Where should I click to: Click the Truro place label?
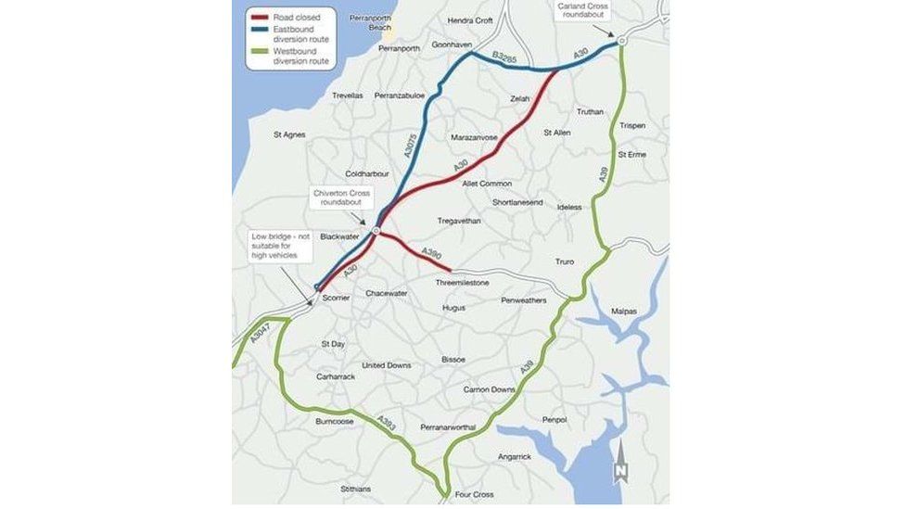click(565, 261)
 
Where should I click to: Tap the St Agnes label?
click(288, 134)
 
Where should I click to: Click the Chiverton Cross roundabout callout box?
click(342, 197)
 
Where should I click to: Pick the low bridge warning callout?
click(276, 246)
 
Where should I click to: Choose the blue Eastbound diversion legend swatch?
click(259, 31)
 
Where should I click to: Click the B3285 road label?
click(504, 60)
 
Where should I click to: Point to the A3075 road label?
click(412, 149)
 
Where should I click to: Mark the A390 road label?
click(432, 252)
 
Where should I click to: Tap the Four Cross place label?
click(476, 495)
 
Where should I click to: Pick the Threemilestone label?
click(465, 282)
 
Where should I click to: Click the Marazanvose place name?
click(474, 137)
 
